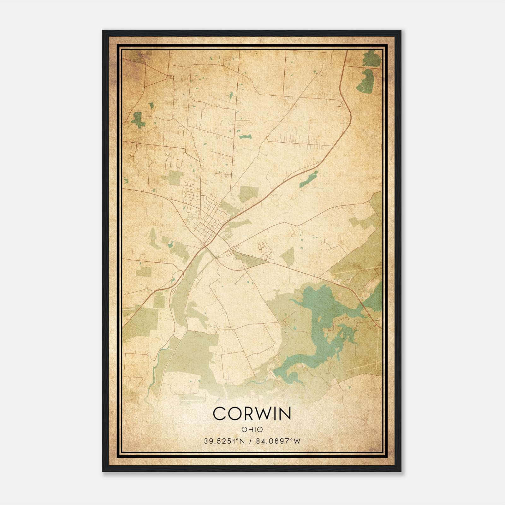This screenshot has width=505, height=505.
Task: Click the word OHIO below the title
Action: [252, 429]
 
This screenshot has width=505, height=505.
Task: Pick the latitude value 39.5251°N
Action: [224, 441]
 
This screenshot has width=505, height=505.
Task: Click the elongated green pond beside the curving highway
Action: [309, 179]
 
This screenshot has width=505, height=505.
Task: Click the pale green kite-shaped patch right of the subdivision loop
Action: [288, 256]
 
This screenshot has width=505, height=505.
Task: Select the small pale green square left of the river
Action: [144, 271]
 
